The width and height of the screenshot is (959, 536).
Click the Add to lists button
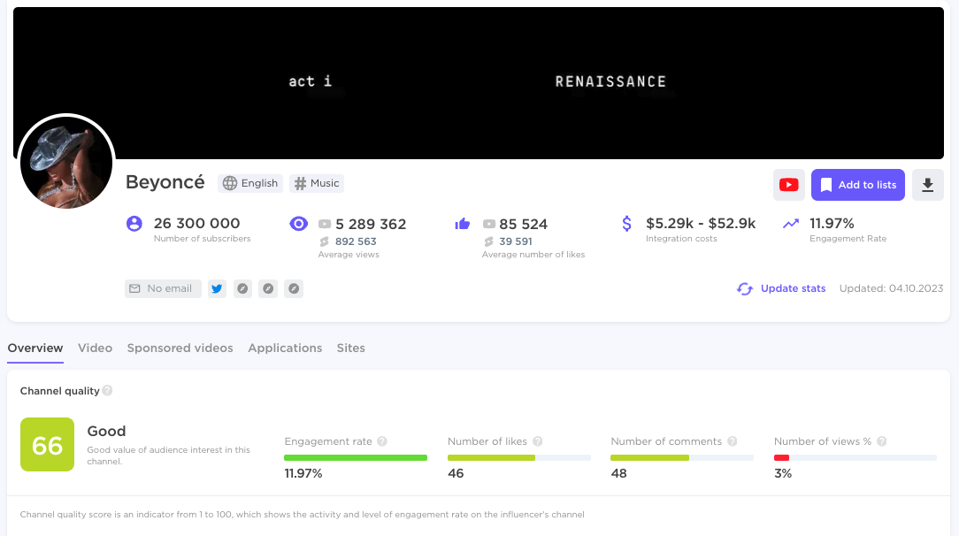tap(857, 185)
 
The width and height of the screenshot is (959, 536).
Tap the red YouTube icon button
tap(788, 185)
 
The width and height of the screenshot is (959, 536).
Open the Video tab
tap(95, 348)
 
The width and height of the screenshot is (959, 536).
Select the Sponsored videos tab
tap(180, 348)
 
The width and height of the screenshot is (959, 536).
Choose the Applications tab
tap(285, 348)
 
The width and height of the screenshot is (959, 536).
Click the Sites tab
tap(350, 348)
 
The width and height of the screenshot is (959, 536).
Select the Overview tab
tap(35, 348)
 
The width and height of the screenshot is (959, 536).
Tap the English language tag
tap(250, 183)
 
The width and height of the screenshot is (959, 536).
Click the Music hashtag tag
tap(317, 183)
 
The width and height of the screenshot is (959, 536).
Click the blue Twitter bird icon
tap(217, 288)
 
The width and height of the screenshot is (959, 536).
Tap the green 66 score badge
tap(47, 445)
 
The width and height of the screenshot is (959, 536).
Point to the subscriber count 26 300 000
tap(196, 224)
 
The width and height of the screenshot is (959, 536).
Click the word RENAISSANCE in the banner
tap(610, 81)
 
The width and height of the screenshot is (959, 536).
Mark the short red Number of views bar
tap(781, 457)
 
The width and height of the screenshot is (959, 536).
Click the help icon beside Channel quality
tap(107, 390)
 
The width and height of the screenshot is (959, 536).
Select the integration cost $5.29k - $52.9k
tap(701, 224)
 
